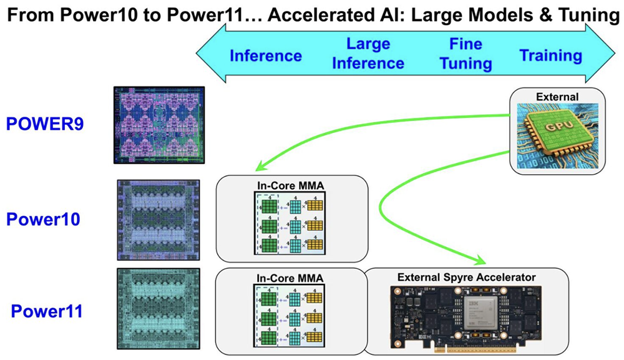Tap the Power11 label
tap(47, 310)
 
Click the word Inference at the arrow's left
tap(266, 56)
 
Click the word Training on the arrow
tap(551, 56)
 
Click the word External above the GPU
tap(558, 97)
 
